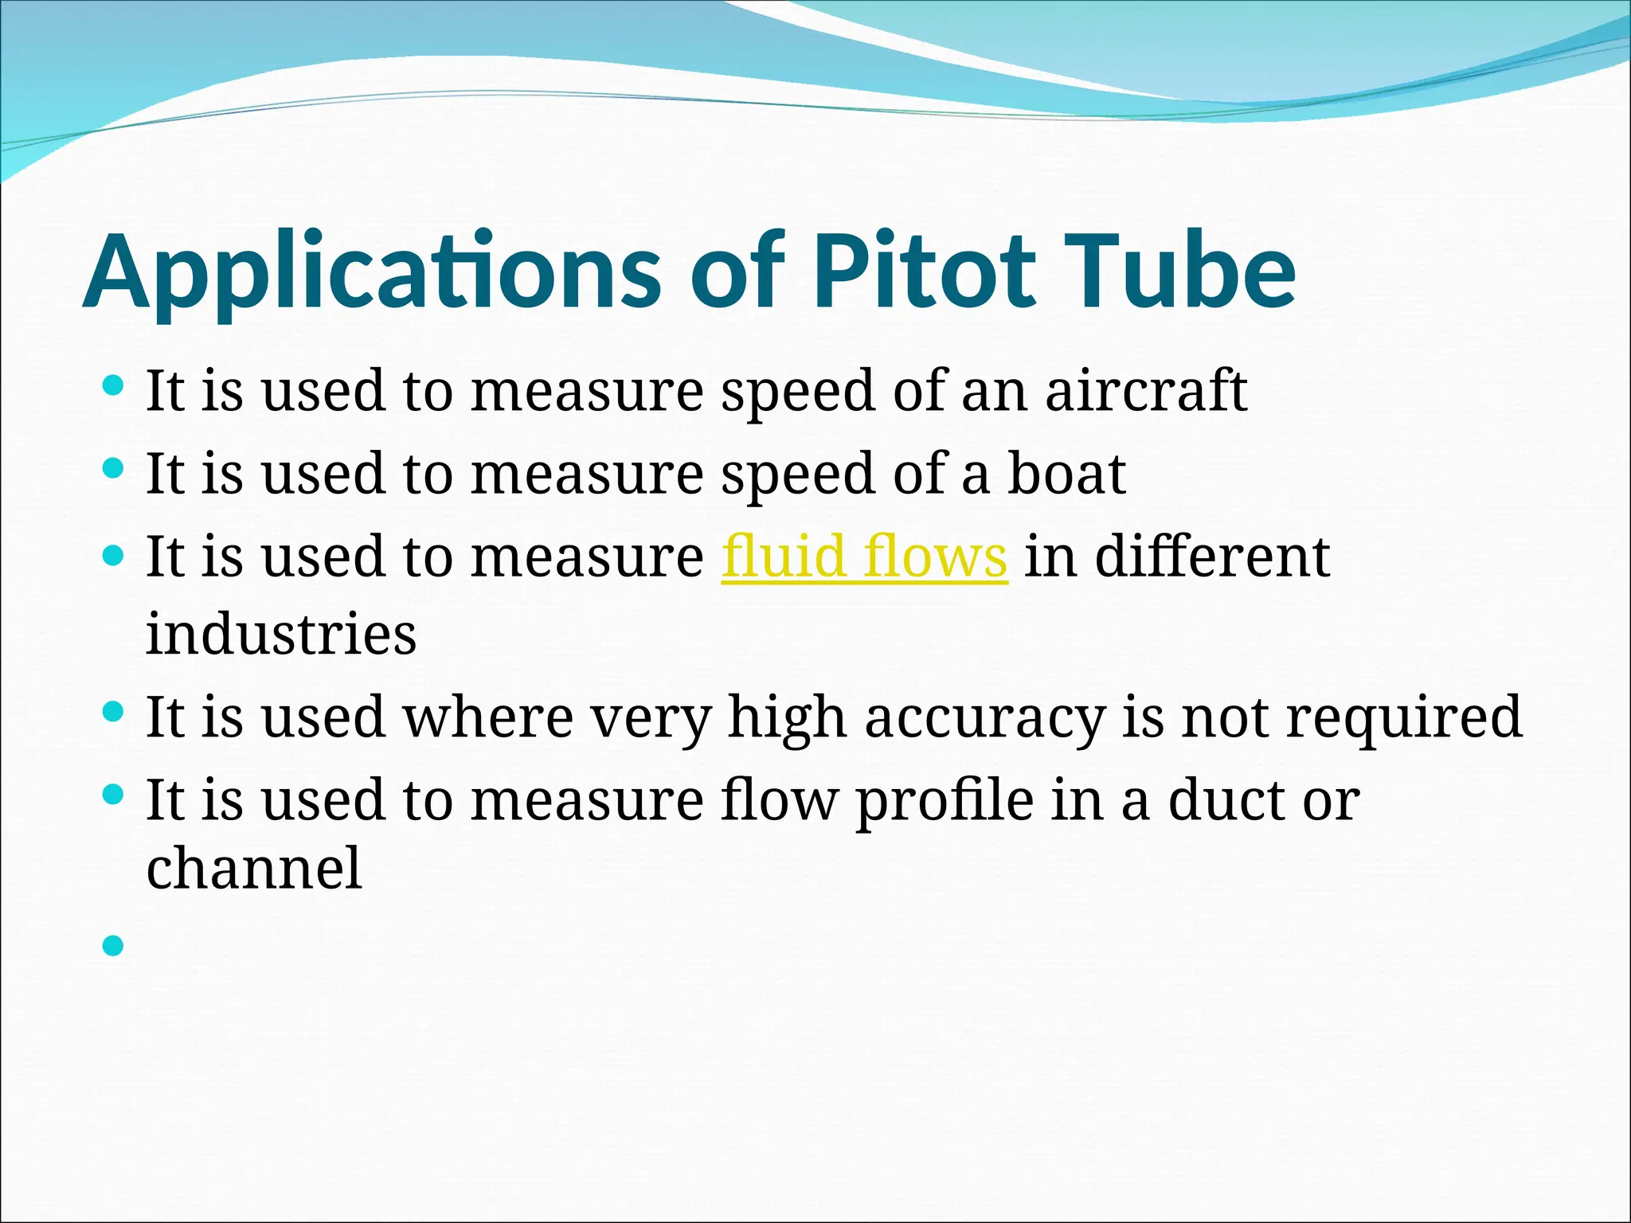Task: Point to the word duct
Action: (x=1226, y=799)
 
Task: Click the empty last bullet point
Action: (x=114, y=945)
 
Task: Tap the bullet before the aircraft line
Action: (x=114, y=386)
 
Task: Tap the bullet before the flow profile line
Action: (x=114, y=793)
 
